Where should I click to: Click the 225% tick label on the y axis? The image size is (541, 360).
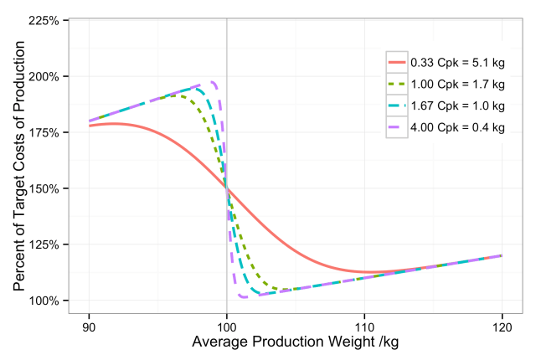(44, 20)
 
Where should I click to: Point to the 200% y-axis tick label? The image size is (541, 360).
(44, 76)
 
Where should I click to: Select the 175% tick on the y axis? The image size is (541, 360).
(44, 132)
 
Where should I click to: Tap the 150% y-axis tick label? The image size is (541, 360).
(44, 188)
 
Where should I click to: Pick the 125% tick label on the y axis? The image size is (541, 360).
(44, 244)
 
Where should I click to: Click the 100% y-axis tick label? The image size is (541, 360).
(44, 301)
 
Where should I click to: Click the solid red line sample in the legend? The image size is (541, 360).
(397, 63)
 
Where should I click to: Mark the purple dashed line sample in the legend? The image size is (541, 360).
(397, 127)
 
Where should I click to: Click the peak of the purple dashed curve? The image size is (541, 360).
(214, 82)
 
